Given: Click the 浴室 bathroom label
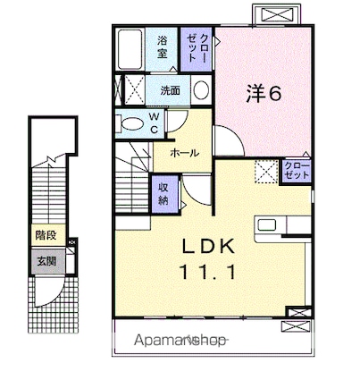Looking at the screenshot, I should coord(163,46).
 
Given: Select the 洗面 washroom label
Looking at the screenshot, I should coord(170,90).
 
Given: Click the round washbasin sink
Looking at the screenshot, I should coord(200,90).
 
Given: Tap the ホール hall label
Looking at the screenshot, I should coord(185,153).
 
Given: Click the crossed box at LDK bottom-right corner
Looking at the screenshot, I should coord(295,312).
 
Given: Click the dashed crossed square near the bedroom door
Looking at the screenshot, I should coord(265,169).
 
